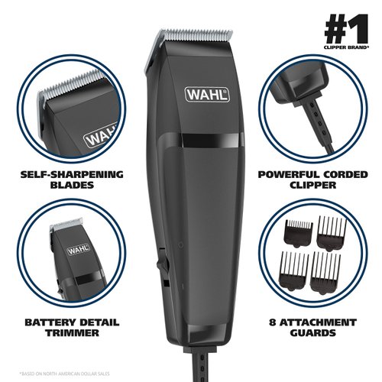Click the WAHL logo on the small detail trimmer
pyautogui.click(x=76, y=248)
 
